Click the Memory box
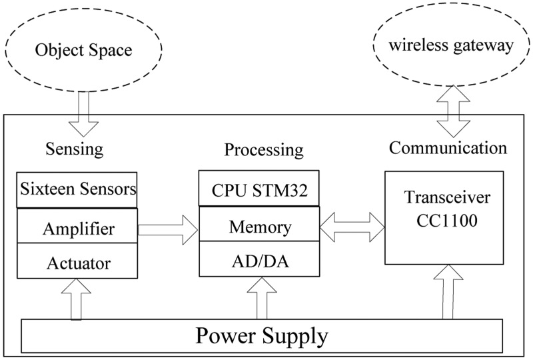pos(259,227)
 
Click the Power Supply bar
pos(261,335)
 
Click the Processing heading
pos(263,149)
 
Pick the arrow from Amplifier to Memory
pos(167,230)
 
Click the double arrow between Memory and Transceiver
pos(351,226)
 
